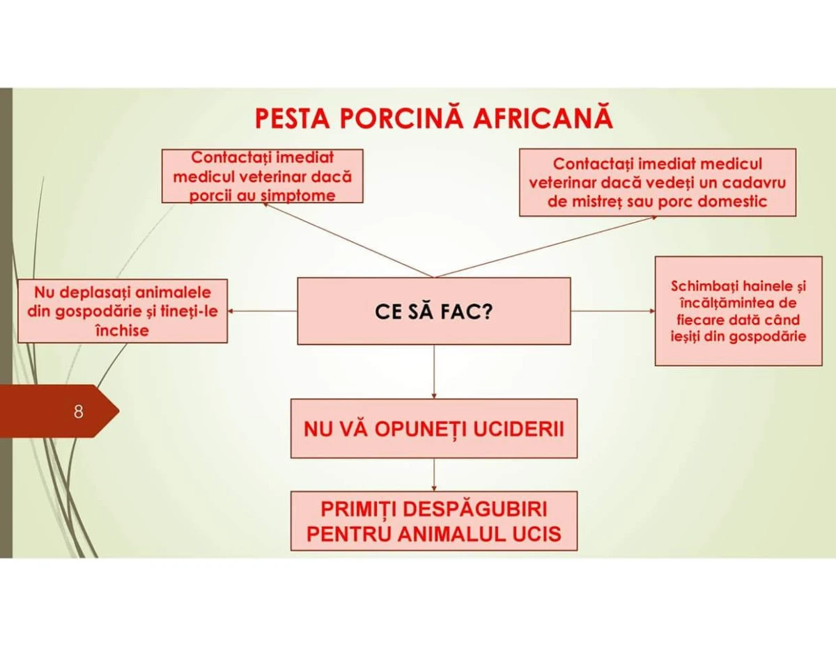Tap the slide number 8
[x=78, y=412]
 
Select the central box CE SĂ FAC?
[x=434, y=311]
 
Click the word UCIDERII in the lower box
[x=518, y=430]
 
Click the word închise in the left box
[x=123, y=331]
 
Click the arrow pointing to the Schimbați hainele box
[x=613, y=310]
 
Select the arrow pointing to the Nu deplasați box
[x=263, y=311]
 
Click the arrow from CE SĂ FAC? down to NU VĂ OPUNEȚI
[x=434, y=372]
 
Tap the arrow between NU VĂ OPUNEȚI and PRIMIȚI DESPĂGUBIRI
[x=434, y=475]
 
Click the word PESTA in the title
[x=293, y=119]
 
